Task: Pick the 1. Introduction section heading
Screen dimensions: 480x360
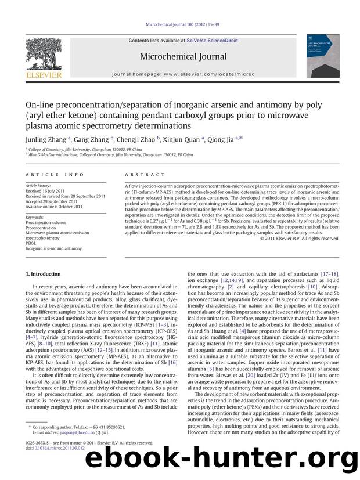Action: pos(44,273)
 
